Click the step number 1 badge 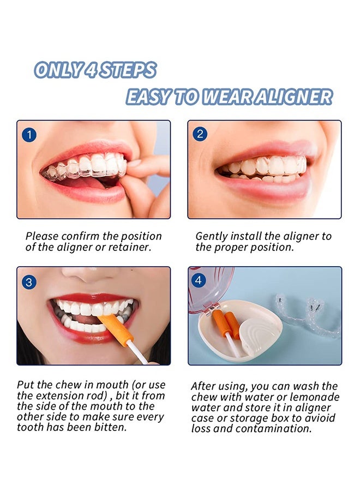click(29, 134)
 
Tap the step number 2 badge click(200, 134)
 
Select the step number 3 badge click(29, 282)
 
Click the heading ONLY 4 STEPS click(95, 70)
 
